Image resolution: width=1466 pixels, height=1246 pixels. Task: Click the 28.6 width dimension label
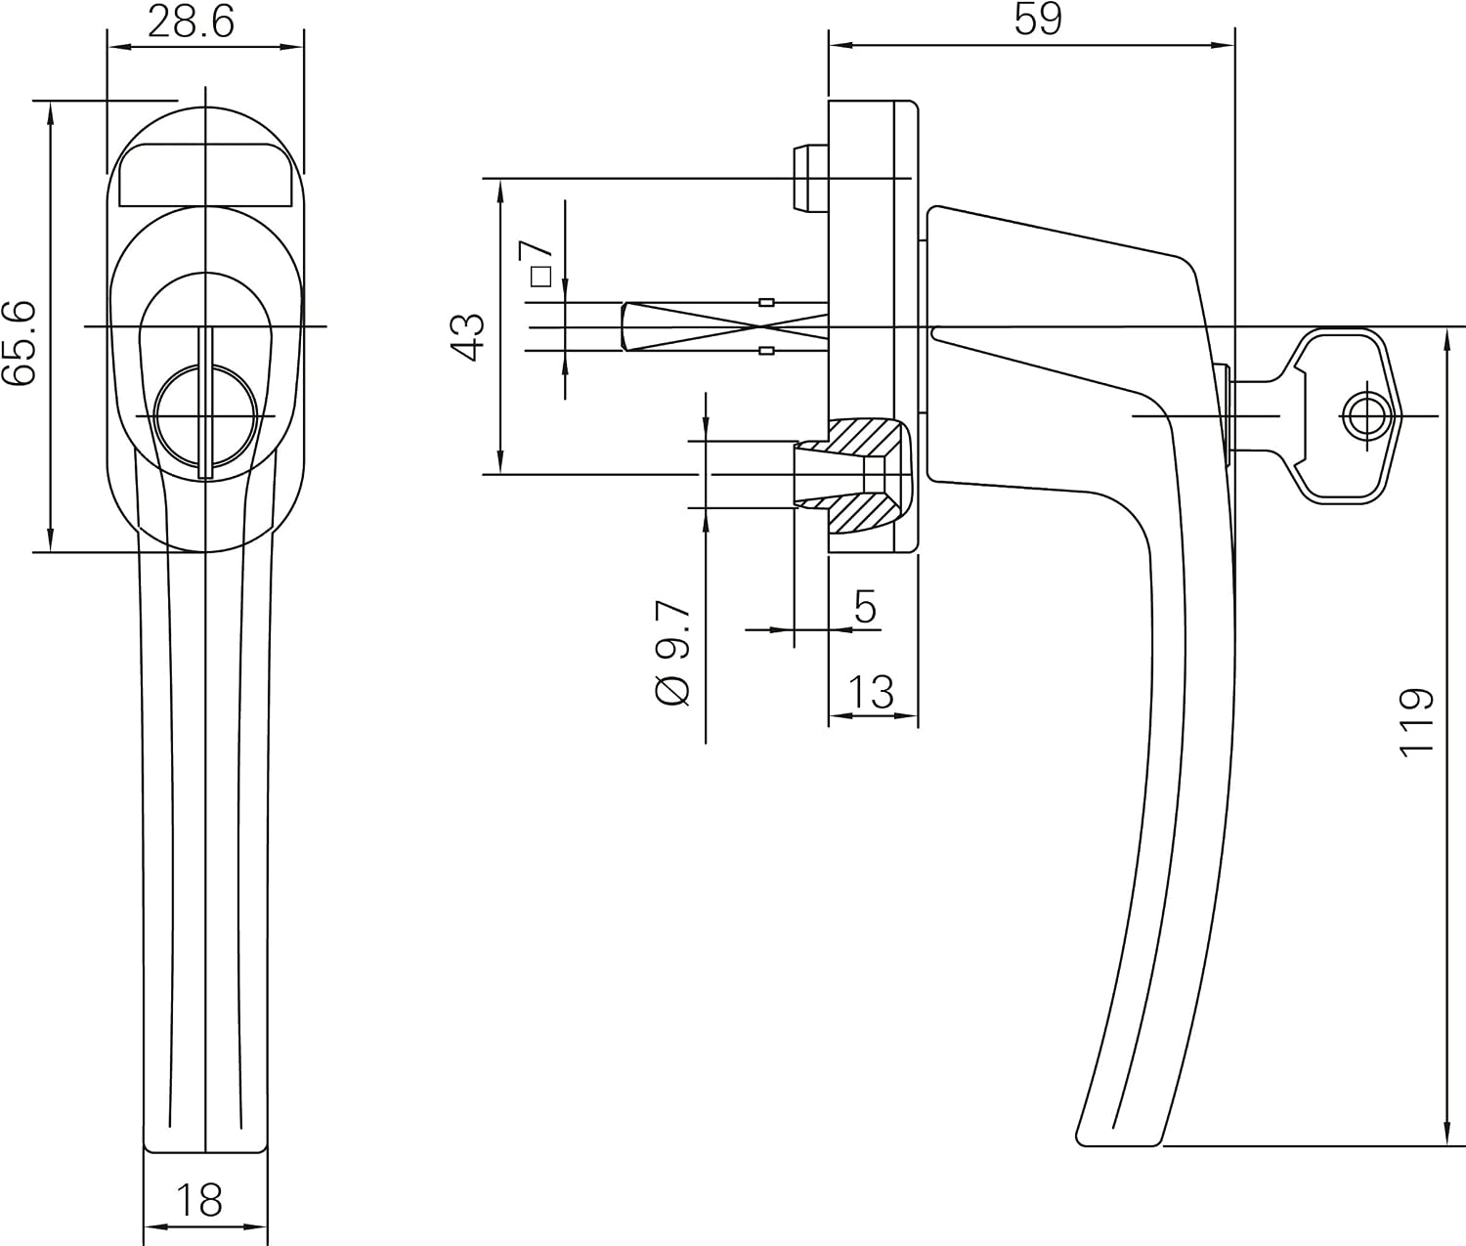pos(190,22)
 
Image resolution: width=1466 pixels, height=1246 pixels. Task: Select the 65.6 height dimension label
pos(20,343)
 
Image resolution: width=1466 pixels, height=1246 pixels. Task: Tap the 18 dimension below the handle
pos(198,1199)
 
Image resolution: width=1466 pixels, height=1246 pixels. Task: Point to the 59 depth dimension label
pos(1038,20)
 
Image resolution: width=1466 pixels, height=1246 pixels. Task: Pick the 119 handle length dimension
pos(1417,722)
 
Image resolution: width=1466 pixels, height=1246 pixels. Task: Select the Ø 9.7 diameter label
pos(672,653)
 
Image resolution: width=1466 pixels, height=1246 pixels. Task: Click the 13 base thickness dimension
pos(871,692)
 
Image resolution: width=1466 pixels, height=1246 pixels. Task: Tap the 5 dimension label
pos(865,606)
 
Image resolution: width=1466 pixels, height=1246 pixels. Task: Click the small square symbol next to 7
pos(540,276)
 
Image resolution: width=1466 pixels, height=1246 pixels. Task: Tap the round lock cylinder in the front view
pos(205,416)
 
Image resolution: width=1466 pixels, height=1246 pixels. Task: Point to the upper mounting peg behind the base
pos(810,178)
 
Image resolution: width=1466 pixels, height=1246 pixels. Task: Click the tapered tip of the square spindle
pos(625,327)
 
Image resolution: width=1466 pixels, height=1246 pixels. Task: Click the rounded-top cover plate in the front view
pos(205,175)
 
